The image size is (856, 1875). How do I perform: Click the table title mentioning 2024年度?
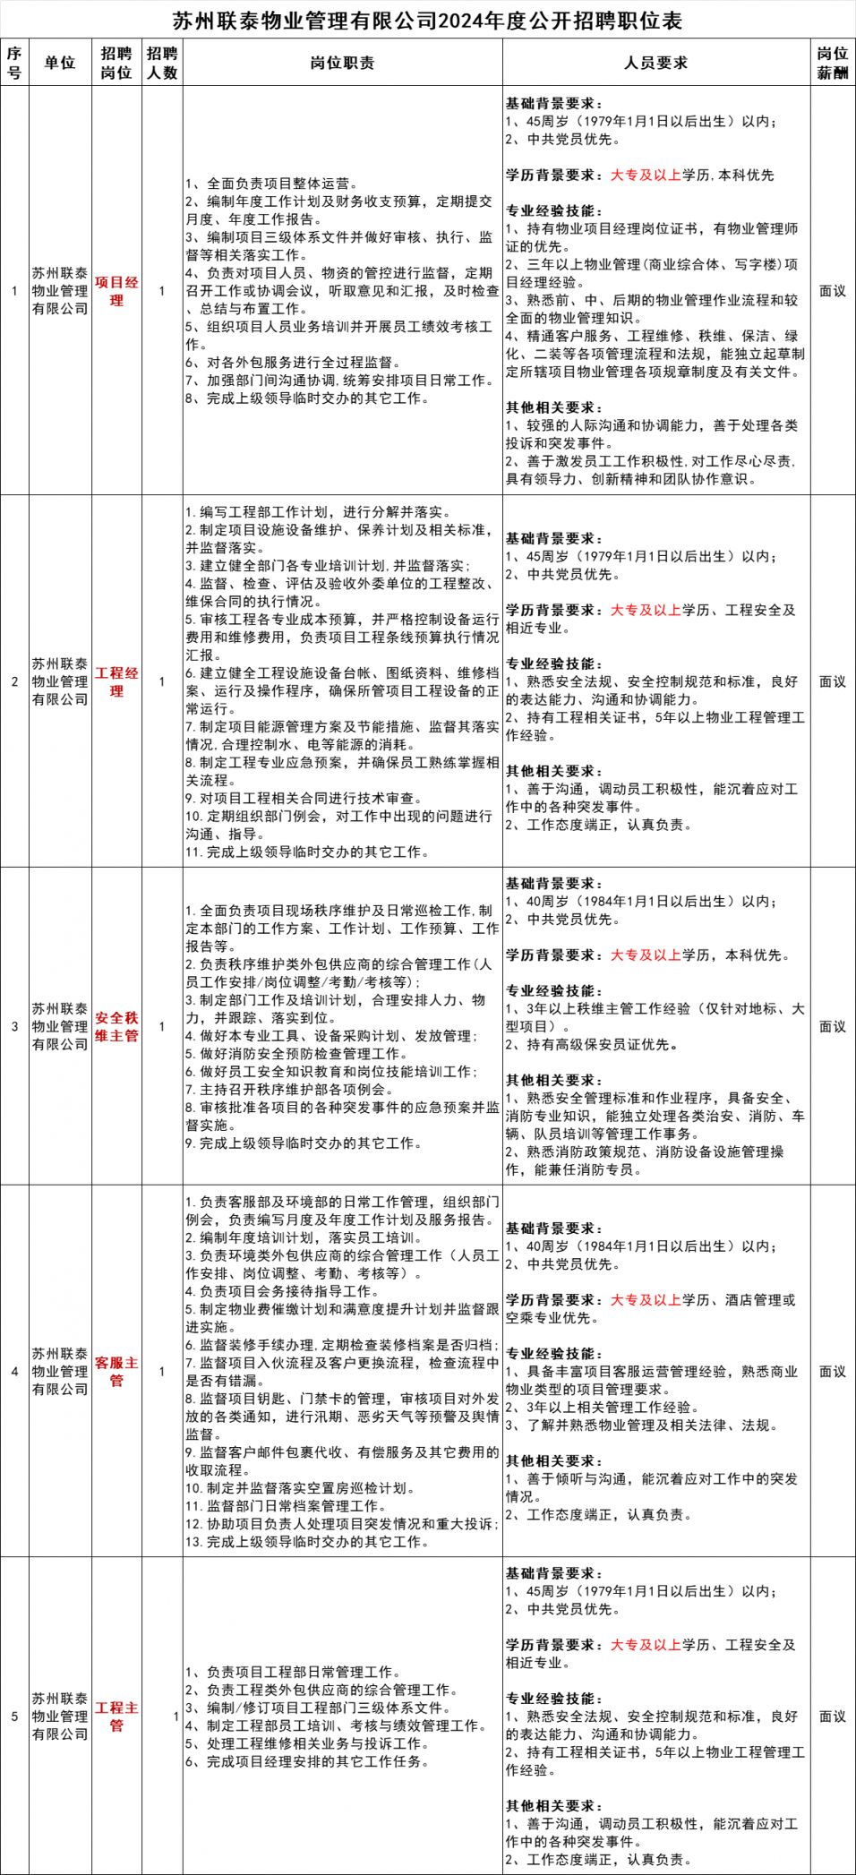pos(427,20)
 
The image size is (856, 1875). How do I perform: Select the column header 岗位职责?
pos(342,63)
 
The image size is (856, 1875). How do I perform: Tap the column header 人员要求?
pos(655,63)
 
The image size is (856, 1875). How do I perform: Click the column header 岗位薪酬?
pos(833,63)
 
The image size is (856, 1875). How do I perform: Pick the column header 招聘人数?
pos(162,63)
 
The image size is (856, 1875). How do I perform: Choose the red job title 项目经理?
pos(116,291)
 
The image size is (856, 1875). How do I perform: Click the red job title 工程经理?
pos(116,681)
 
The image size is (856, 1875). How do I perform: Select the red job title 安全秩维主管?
pos(116,1026)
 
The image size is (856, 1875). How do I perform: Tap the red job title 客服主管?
pos(116,1371)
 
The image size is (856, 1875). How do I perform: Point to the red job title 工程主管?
pos(116,1716)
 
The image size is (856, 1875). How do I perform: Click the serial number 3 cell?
pos(14,1026)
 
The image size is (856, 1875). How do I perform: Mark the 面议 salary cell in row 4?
pos(833,1371)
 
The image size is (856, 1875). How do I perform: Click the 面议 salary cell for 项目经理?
pos(833,291)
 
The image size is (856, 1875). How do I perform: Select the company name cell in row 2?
pos(60,681)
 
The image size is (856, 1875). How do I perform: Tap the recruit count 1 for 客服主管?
pos(162,1371)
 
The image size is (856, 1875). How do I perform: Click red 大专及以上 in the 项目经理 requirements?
pos(645,176)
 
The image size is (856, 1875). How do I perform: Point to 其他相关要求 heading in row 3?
pos(553,1080)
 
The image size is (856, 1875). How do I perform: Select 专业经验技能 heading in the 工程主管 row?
pos(553,1699)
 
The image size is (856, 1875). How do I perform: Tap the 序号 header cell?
pos(14,63)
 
